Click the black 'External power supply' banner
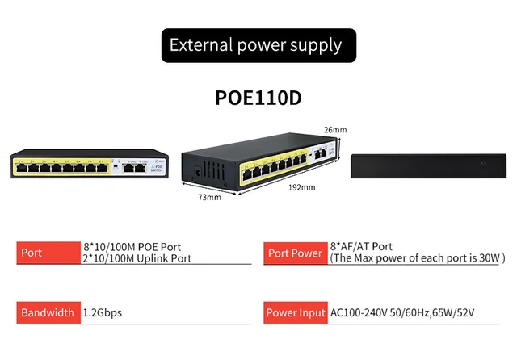tap(258, 45)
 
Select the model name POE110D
tap(258, 97)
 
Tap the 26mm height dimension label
tap(335, 129)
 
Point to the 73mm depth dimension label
tap(209, 197)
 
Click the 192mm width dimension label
tap(302, 188)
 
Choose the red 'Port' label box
tap(47, 252)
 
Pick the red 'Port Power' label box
tap(295, 253)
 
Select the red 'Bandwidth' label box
tap(47, 312)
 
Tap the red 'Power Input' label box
tap(296, 312)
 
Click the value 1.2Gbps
tap(103, 312)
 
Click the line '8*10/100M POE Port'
tap(132, 246)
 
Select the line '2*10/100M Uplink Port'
tap(137, 258)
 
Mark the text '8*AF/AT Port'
tap(361, 246)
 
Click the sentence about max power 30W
tap(417, 258)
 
